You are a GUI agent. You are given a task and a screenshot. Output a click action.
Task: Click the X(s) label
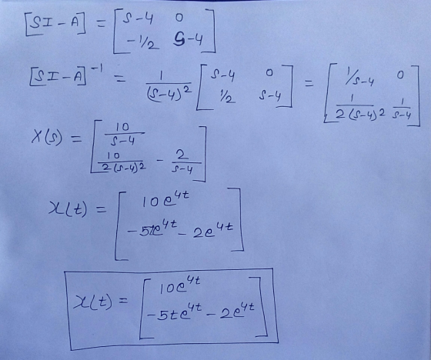[x=47, y=137]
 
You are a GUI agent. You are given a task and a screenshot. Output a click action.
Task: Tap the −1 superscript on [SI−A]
[x=96, y=68]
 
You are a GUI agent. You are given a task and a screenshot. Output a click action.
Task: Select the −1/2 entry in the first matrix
[x=142, y=43]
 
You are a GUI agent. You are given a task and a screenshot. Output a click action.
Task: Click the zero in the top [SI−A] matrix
[x=179, y=18]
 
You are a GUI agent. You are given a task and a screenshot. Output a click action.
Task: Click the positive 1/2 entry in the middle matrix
[x=227, y=97]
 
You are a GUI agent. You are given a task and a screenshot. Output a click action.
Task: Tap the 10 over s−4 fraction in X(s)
[x=123, y=134]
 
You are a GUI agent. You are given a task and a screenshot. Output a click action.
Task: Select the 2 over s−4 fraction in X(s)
[x=182, y=162]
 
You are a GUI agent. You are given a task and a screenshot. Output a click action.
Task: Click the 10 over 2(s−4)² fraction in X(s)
[x=122, y=162]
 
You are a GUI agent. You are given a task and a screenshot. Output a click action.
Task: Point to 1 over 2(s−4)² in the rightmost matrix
[x=359, y=108]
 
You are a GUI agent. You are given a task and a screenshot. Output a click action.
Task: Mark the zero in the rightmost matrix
[x=400, y=75]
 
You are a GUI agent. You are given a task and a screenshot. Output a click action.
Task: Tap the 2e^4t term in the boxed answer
[x=237, y=311]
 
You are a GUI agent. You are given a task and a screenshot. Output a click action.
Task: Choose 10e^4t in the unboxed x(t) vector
[x=165, y=200]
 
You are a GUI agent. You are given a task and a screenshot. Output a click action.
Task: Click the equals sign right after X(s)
[x=76, y=139]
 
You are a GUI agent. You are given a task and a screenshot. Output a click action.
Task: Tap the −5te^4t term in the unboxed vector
[x=152, y=230]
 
